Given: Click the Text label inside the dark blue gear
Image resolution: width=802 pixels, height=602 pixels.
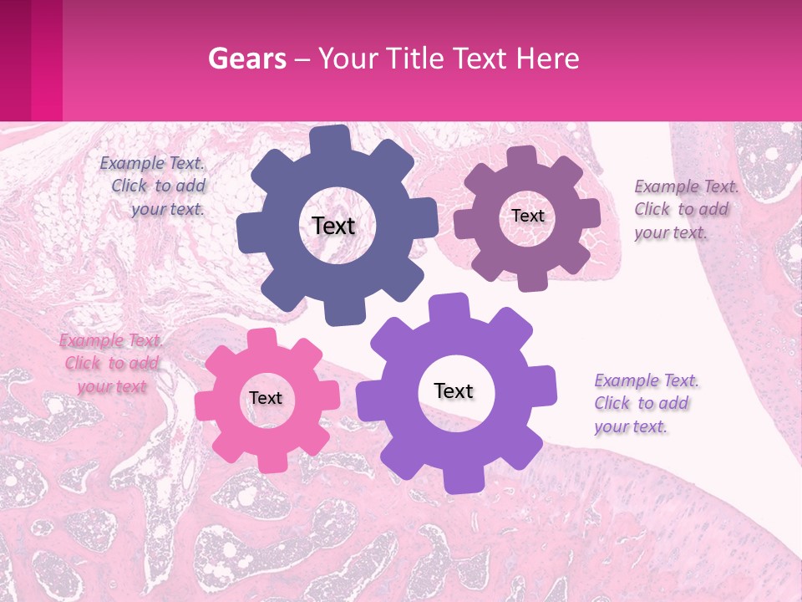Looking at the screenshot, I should [x=333, y=226].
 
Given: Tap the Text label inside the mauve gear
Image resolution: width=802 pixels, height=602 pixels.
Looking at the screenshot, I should [x=528, y=216].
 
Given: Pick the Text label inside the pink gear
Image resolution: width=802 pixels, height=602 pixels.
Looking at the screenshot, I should [x=266, y=398].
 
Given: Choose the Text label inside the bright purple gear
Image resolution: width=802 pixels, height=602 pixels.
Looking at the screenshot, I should [x=454, y=390].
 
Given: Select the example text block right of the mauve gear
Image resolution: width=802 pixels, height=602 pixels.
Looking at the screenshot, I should [x=686, y=209].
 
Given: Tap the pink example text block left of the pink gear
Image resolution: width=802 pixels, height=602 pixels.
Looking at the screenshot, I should [x=111, y=363].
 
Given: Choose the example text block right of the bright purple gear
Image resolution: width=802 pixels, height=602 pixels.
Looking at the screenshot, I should [x=646, y=403].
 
